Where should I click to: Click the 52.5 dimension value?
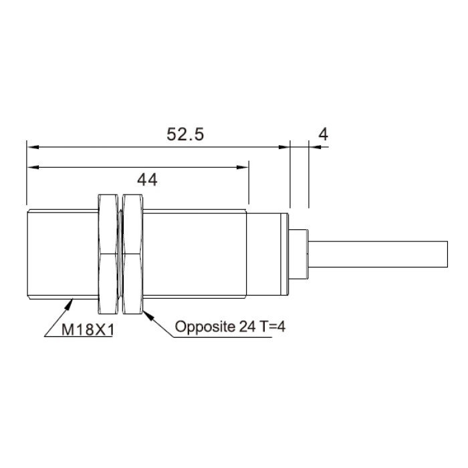185,134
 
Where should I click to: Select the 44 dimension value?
147,181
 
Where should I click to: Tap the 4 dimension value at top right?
323,134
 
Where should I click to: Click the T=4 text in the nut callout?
273,326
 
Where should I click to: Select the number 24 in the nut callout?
247,326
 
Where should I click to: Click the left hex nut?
108,254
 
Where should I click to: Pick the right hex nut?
133,254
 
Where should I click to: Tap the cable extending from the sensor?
378,254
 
